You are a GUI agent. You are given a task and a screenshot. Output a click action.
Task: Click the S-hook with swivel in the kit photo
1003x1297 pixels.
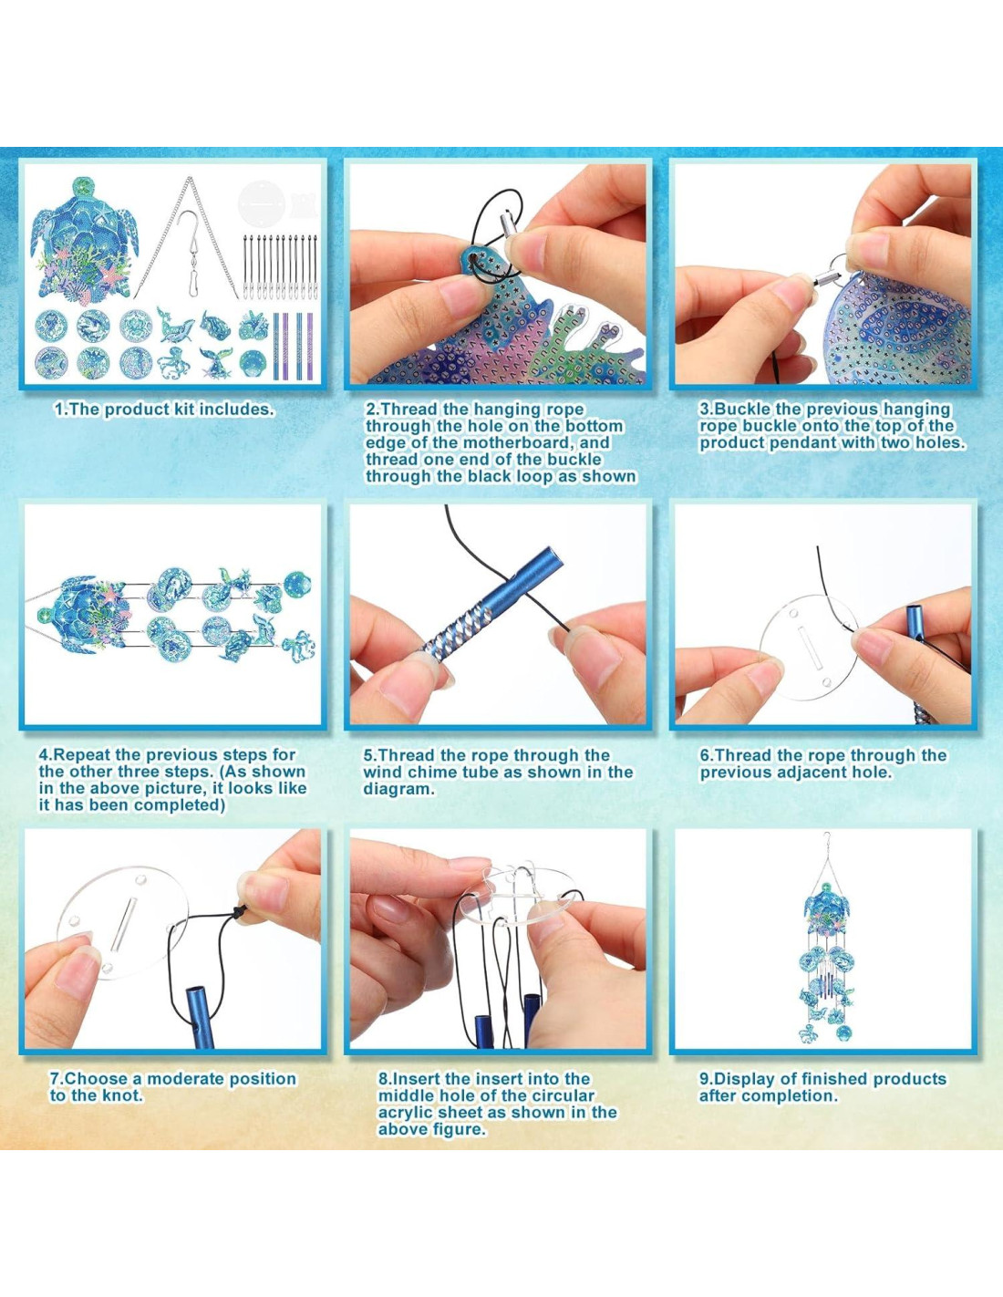(x=190, y=252)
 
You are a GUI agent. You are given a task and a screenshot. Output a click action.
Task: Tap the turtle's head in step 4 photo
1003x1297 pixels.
(x=47, y=616)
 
